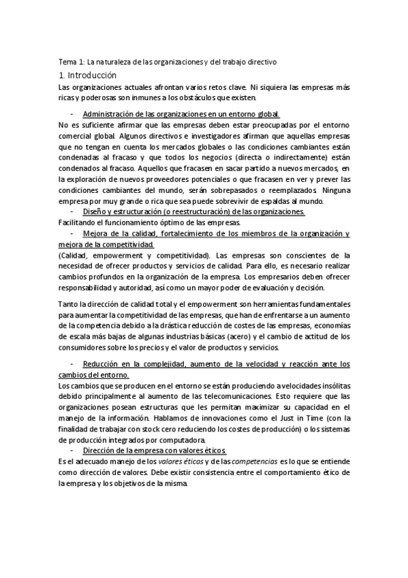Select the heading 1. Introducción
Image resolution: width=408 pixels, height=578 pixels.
tap(88, 75)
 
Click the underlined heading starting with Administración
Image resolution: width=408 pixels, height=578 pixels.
tap(181, 114)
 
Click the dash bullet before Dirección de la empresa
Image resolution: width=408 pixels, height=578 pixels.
tap(72, 451)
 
